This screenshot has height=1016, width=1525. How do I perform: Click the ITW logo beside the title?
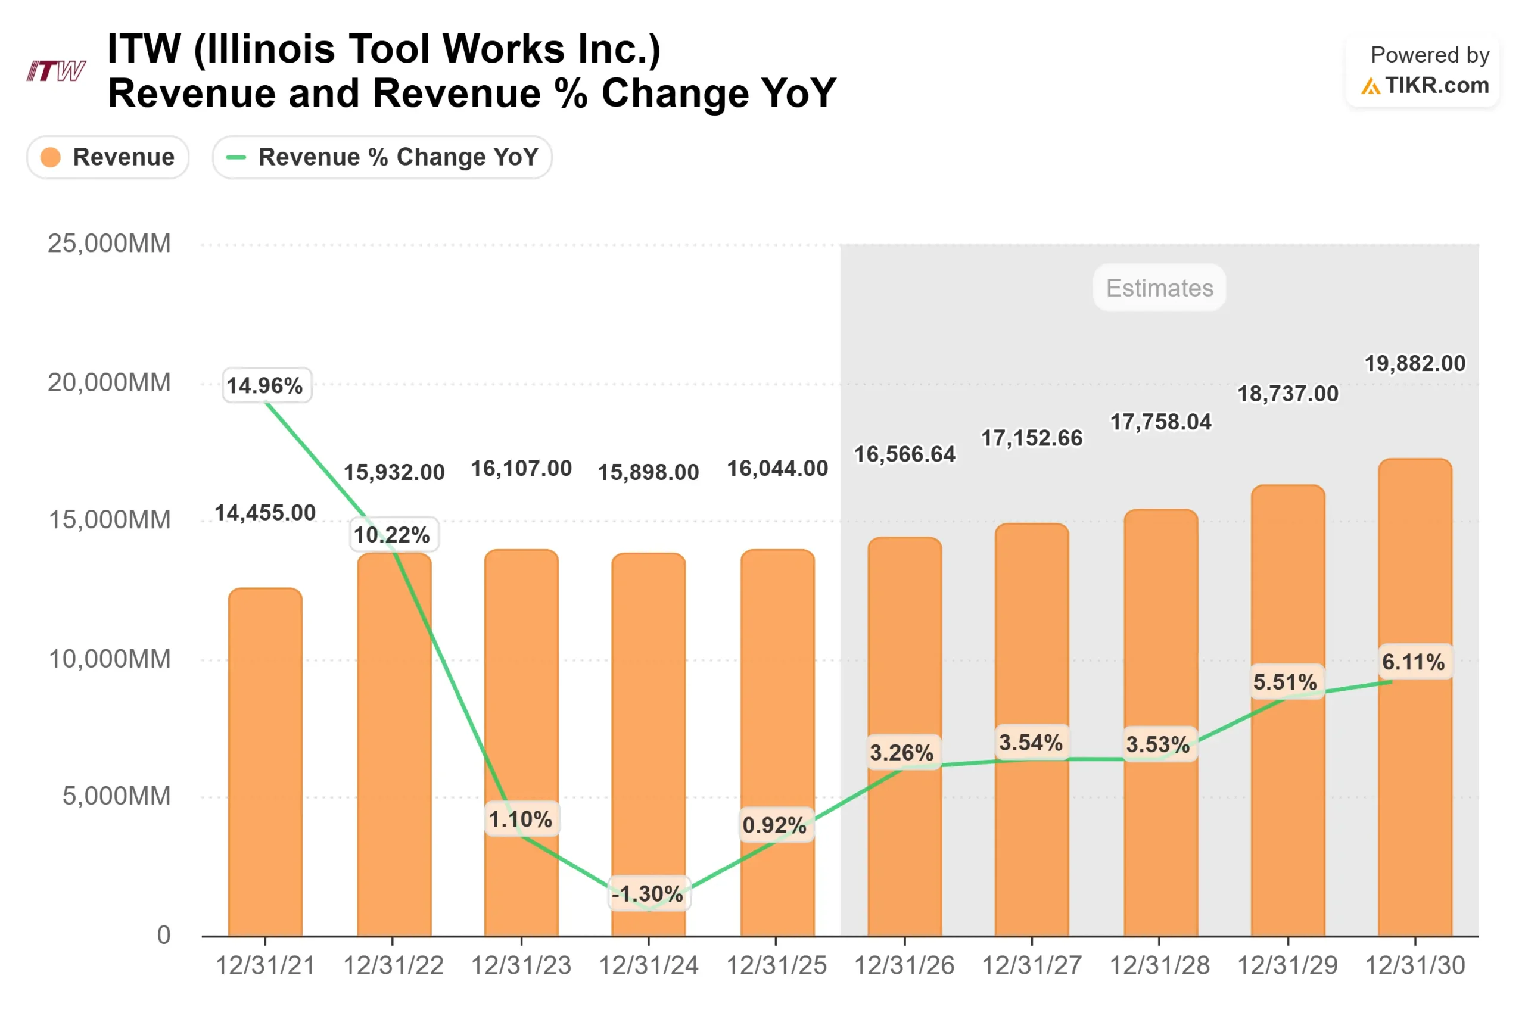pyautogui.click(x=56, y=70)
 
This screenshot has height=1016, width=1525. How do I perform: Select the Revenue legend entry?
pyautogui.click(x=108, y=157)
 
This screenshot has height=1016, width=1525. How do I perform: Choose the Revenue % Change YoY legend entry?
pyautogui.click(x=382, y=157)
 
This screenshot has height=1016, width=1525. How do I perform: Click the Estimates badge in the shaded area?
pyautogui.click(x=1159, y=288)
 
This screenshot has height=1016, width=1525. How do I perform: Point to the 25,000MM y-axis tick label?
pyautogui.click(x=109, y=244)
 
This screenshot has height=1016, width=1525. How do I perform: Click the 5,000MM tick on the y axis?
pyautogui.click(x=116, y=796)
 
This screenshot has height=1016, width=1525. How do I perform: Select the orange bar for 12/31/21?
pyautogui.click(x=265, y=761)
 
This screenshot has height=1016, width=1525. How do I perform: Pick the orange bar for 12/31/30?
pyautogui.click(x=1414, y=697)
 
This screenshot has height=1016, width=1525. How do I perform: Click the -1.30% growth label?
pyautogui.click(x=649, y=893)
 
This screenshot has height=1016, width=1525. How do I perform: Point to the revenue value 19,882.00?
pyautogui.click(x=1414, y=363)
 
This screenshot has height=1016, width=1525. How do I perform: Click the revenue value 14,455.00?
pyautogui.click(x=265, y=513)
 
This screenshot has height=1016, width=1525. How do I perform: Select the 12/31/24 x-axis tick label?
pyautogui.click(x=648, y=965)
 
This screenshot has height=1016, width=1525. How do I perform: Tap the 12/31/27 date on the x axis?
pyautogui.click(x=1031, y=965)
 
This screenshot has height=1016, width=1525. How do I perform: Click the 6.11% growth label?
pyautogui.click(x=1414, y=662)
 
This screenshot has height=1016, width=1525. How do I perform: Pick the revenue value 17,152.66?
pyautogui.click(x=1031, y=438)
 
